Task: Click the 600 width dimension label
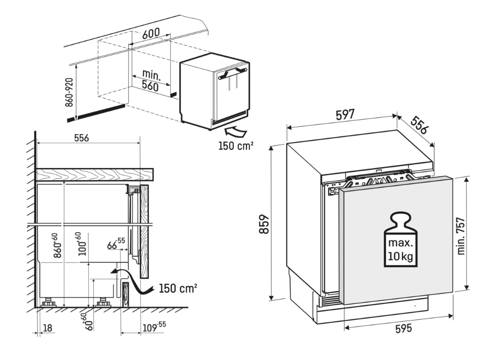point(151,33)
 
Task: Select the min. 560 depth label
point(151,80)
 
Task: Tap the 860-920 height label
point(69,92)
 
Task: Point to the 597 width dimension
point(345,115)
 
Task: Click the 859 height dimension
point(264,224)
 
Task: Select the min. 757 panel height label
point(461,236)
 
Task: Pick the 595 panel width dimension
point(403,328)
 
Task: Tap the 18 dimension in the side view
point(48,328)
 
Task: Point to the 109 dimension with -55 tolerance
point(154,327)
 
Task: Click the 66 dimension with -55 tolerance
point(116,244)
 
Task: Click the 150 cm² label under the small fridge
point(236,145)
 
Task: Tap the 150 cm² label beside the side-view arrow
point(178,288)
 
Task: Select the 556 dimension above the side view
point(81,138)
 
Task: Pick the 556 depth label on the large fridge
point(419,125)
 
